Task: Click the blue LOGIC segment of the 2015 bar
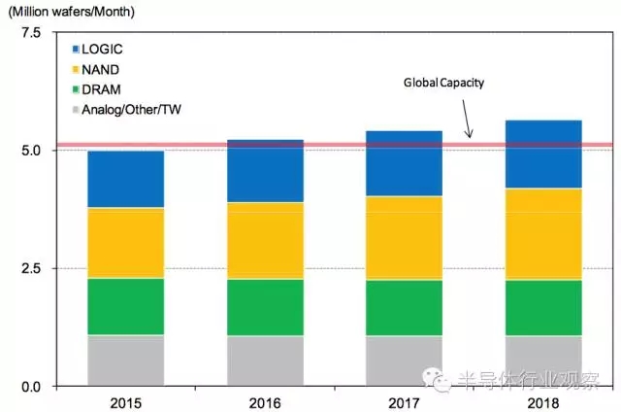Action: point(125,180)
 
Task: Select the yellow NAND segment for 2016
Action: point(266,241)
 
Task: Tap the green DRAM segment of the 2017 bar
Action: point(404,308)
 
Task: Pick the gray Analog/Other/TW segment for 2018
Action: point(544,360)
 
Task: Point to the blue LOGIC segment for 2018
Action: point(544,154)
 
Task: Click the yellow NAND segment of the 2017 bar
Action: point(404,238)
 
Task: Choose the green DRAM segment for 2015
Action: point(125,307)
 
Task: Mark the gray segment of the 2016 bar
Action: point(266,360)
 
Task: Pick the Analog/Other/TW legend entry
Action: point(126,110)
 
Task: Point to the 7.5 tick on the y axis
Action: point(30,33)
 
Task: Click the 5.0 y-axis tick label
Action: point(30,151)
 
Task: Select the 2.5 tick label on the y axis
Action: point(30,268)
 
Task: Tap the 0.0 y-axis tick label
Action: point(30,387)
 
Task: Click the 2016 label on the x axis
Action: point(266,400)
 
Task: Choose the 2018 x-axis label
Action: point(544,400)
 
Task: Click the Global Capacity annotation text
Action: point(443,84)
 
